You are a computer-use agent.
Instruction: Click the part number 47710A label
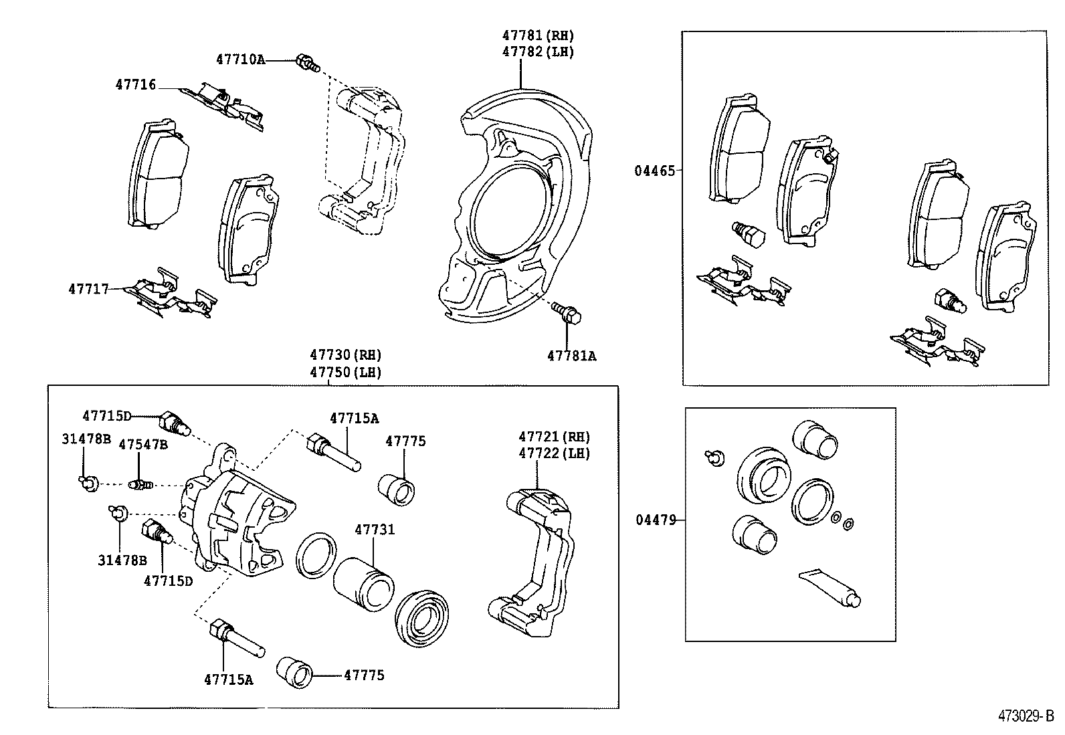(240, 60)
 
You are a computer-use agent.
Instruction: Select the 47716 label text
(136, 84)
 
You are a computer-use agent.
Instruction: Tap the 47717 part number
(88, 289)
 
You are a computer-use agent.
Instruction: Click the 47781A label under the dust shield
(571, 356)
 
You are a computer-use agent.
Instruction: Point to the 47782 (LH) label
(539, 51)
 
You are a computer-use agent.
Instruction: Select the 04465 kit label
(655, 171)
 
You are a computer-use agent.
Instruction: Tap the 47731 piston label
(375, 530)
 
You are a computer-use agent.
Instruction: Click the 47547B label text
(143, 444)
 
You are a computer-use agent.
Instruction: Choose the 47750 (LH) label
(345, 372)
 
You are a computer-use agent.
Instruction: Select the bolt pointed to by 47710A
(306, 63)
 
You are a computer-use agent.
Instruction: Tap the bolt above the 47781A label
(567, 312)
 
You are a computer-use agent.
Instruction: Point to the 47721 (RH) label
(555, 437)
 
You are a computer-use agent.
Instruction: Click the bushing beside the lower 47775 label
(295, 671)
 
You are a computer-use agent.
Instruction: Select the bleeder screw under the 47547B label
(140, 484)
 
